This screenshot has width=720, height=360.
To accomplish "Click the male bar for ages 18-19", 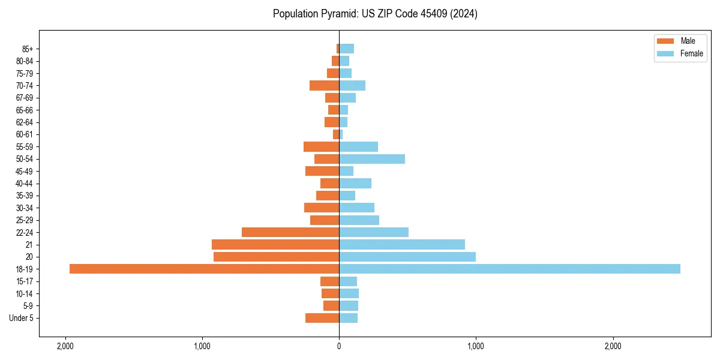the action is tap(204, 269).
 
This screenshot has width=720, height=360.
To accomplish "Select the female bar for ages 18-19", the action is tap(509, 269).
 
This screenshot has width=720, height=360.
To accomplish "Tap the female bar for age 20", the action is tap(407, 257).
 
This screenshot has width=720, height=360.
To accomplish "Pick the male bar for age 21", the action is tap(275, 245).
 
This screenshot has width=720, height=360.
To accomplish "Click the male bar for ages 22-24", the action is tap(290, 232).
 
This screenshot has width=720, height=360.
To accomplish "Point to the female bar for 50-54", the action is tap(372, 159).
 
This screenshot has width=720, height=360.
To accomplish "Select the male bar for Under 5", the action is tap(322, 318).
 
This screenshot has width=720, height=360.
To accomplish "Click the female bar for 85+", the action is tap(346, 49).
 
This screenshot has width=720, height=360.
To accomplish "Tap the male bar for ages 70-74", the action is tap(325, 85).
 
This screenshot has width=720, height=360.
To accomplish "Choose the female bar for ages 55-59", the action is tap(358, 146).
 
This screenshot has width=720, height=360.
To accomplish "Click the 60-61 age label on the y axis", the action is tap(25, 134).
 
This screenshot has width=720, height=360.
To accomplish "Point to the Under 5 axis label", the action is tap(22, 318).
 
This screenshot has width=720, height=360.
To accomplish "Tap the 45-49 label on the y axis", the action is tap(25, 171).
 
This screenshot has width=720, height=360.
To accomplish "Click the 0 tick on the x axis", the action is tap(339, 346).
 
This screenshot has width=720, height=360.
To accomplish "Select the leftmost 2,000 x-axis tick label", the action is tap(65, 346).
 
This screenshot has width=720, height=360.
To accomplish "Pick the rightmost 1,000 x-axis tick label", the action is tap(476, 346).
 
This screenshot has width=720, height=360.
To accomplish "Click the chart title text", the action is tap(375, 14).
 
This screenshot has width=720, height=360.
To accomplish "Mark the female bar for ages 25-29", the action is tap(359, 220).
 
